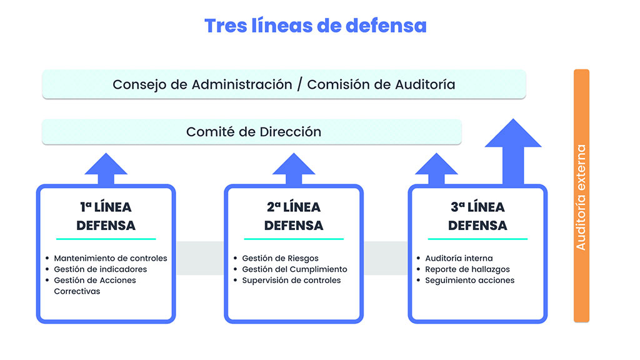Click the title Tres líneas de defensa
316,26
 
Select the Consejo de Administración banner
284,84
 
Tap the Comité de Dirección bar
252,132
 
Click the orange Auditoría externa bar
581,196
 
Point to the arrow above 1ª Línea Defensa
106,169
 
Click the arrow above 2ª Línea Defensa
294,169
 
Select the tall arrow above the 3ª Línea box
513,152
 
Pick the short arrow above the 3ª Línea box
436,169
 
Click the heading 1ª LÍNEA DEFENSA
106,216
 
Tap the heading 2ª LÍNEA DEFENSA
294,216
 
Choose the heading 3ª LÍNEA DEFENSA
477,216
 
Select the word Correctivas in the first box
77,291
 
